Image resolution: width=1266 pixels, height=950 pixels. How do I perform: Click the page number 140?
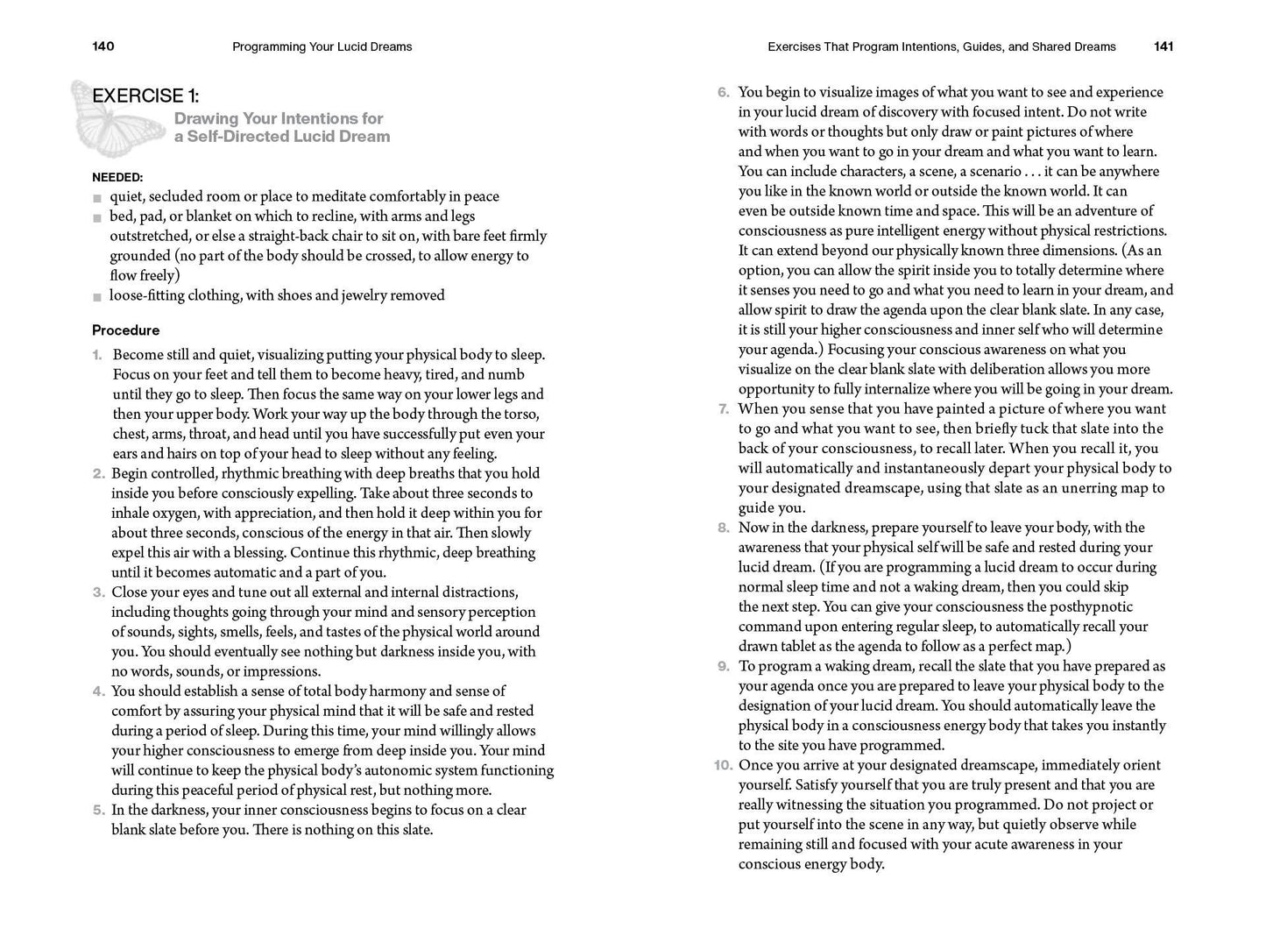(x=103, y=46)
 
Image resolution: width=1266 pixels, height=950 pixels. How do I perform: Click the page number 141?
(x=1163, y=46)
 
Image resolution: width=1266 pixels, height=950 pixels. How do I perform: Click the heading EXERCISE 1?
(x=145, y=96)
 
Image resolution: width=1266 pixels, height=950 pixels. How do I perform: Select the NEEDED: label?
(x=117, y=177)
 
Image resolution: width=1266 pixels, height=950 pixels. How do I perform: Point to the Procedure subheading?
(x=125, y=330)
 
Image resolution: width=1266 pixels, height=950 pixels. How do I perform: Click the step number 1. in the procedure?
(x=97, y=355)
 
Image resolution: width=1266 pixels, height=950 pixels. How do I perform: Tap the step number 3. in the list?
(x=98, y=592)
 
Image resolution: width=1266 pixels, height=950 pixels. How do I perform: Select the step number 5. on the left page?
(x=98, y=810)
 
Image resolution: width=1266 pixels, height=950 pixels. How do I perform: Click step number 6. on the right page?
(x=723, y=92)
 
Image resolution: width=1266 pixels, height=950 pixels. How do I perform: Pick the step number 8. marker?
(x=723, y=528)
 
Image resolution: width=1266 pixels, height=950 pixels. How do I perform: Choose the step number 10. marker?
(x=722, y=765)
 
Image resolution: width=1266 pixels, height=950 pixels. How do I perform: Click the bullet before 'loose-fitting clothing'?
(x=96, y=296)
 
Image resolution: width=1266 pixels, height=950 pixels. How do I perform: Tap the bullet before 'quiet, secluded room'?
(x=96, y=198)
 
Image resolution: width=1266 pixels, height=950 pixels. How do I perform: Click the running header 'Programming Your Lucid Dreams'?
(x=322, y=46)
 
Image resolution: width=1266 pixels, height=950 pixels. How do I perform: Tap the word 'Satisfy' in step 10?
(x=765, y=784)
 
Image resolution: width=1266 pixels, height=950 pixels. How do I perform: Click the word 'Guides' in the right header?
(x=980, y=46)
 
